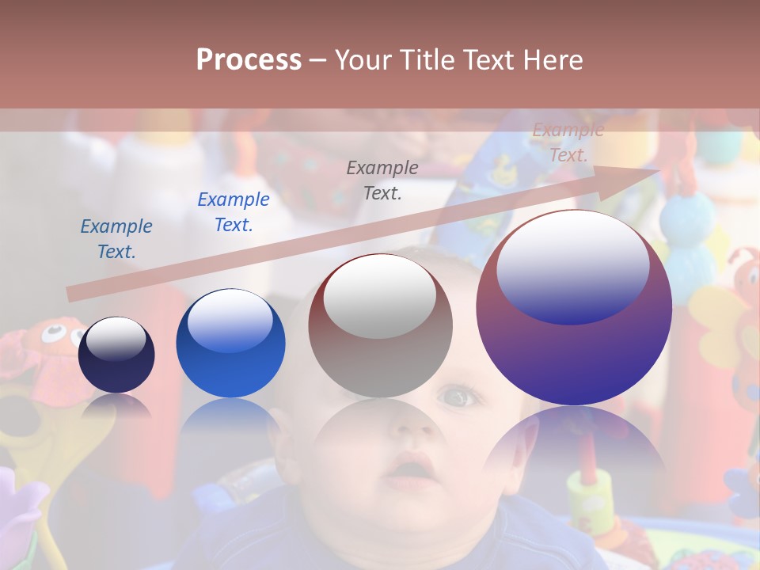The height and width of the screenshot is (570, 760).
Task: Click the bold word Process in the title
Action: [249, 60]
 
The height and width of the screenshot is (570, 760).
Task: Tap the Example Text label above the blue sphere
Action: [234, 212]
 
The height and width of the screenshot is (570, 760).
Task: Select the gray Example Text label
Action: [382, 180]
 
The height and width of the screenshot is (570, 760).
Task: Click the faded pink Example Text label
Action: [568, 142]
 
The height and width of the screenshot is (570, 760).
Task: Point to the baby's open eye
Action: [455, 396]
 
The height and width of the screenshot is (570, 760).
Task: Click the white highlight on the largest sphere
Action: [573, 265]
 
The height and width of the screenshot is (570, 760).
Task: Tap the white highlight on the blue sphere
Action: [230, 321]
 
